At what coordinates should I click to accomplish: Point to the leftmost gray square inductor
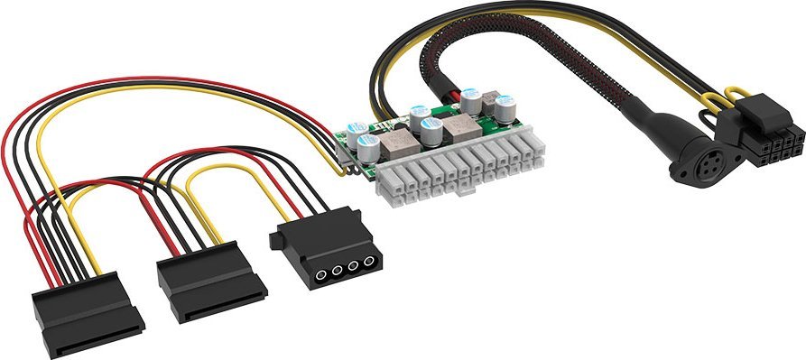pyautogui.click(x=394, y=143)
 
